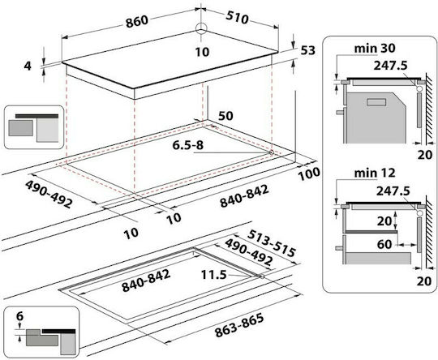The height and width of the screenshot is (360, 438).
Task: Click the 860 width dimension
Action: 137,21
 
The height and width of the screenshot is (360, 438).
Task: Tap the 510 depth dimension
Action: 237,18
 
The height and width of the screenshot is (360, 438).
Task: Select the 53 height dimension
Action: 308,50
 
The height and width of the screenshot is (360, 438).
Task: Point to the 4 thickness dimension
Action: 28,66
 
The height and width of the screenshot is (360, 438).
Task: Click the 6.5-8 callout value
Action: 188,145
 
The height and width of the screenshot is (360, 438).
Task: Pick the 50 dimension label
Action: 225,116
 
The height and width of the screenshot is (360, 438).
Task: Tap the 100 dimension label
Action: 309,174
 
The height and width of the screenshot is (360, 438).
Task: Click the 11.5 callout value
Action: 213,275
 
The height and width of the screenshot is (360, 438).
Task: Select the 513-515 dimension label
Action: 271,243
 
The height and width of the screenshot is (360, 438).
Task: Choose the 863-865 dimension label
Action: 239,325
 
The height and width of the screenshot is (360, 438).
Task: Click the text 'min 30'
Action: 375,49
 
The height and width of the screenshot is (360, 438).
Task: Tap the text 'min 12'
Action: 375,174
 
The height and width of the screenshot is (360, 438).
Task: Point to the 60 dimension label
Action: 384,244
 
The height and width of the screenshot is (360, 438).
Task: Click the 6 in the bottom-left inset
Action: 19,316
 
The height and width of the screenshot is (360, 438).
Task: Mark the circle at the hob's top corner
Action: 201,28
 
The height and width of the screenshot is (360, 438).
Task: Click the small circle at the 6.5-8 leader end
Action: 271,152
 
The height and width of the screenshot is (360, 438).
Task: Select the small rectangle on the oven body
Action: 376,102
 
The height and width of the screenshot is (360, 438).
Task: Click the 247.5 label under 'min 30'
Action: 390,66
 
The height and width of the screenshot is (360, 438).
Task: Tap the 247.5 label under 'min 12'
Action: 393,191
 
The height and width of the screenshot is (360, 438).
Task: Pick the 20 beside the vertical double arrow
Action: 384,221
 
